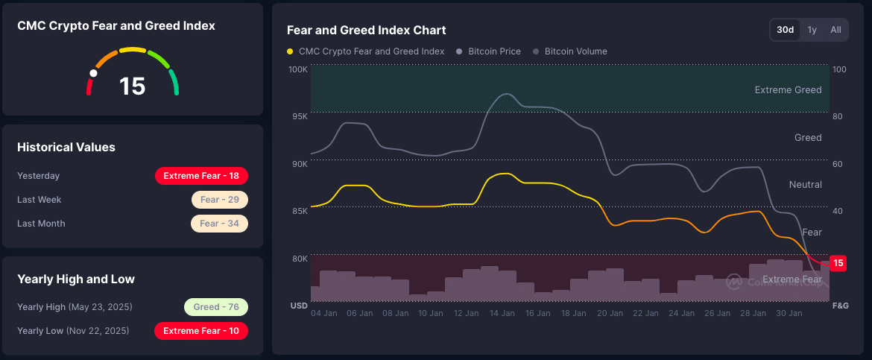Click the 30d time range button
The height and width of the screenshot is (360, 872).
click(x=785, y=30)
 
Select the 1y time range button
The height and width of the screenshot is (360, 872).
click(x=812, y=30)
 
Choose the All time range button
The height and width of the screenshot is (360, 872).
click(x=835, y=30)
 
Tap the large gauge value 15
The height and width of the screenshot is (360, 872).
click(x=133, y=86)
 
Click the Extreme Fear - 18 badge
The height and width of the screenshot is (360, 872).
click(x=201, y=176)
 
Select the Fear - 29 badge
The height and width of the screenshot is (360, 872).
click(x=219, y=200)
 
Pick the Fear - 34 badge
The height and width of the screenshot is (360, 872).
click(x=219, y=224)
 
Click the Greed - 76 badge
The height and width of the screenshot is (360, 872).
click(x=216, y=307)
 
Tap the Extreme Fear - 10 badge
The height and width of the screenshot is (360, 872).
click(x=201, y=331)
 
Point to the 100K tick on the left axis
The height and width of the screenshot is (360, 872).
click(x=298, y=69)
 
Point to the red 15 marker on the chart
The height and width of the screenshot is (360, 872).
click(x=838, y=263)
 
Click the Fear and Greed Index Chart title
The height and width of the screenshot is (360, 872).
click(x=366, y=31)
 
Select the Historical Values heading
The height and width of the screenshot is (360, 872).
click(x=66, y=148)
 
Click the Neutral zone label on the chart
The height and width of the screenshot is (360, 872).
click(x=805, y=185)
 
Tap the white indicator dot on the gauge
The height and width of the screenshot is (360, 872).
click(x=93, y=74)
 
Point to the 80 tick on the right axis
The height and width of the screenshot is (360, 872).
click(x=838, y=117)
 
